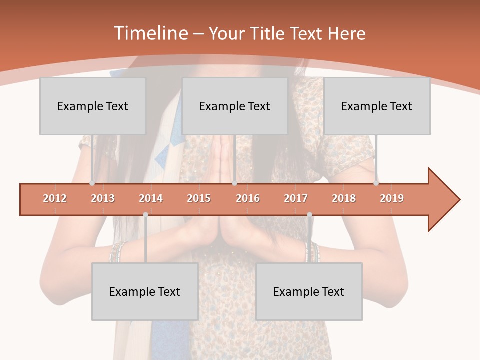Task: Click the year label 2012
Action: [55, 198]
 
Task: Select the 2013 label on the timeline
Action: [103, 198]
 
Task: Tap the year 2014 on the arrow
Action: [151, 198]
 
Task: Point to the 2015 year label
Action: [199, 198]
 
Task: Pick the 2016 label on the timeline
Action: [248, 198]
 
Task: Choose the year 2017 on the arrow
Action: [296, 198]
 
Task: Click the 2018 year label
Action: [344, 198]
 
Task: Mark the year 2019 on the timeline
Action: [392, 198]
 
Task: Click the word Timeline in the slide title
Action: [150, 33]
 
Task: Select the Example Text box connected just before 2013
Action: [93, 106]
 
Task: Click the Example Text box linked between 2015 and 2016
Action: [235, 106]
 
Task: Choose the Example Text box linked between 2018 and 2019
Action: [377, 106]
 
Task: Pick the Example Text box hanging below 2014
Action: [145, 291]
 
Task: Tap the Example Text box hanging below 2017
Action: [309, 291]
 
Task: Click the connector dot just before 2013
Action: [92, 183]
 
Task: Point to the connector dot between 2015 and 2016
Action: [234, 183]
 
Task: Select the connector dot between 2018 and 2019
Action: [376, 183]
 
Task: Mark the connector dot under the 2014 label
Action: [145, 214]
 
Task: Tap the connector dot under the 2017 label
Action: [309, 214]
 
